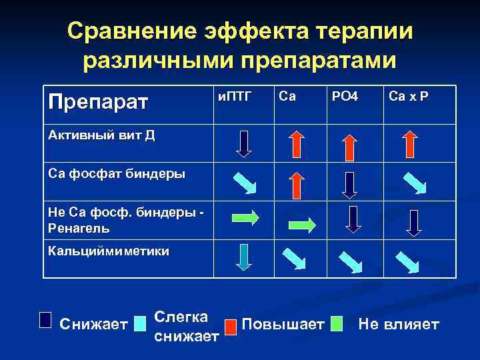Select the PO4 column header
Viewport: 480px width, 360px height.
(x=345, y=97)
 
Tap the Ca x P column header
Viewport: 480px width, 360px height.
(x=409, y=97)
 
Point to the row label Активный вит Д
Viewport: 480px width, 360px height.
(x=101, y=136)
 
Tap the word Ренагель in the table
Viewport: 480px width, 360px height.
(x=79, y=228)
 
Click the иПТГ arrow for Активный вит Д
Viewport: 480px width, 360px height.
(x=245, y=143)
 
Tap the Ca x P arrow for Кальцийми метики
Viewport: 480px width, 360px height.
(x=407, y=262)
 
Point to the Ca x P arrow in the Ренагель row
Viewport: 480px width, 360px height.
(x=414, y=222)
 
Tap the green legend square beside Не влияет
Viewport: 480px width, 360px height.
(x=338, y=324)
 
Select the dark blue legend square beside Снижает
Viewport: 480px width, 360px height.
(x=45, y=321)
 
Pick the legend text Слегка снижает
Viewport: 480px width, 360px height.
(x=186, y=327)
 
